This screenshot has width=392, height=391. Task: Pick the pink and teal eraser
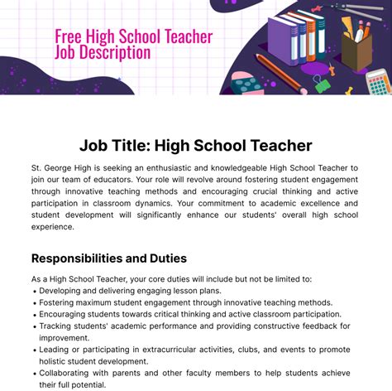click(246, 82)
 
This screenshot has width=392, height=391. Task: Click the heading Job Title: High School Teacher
click(195, 146)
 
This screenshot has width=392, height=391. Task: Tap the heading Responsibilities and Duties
click(108, 258)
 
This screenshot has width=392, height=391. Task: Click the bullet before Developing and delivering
click(34, 292)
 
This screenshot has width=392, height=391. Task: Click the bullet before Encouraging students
click(34, 315)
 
